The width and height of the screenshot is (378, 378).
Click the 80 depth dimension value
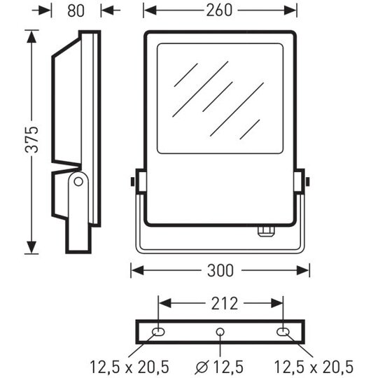[x=76, y=10]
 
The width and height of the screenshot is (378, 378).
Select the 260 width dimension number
[x=219, y=10]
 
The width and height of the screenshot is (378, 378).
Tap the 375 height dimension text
[x=31, y=139]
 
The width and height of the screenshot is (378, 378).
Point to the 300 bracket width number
[x=220, y=270]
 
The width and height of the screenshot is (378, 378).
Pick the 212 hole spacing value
[x=225, y=304]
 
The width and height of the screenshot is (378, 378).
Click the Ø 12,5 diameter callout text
[x=219, y=367]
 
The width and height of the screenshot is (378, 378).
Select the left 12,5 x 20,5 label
[x=129, y=367]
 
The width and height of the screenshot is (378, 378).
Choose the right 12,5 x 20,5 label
[x=314, y=367]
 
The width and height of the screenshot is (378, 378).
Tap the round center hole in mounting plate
[x=220, y=332]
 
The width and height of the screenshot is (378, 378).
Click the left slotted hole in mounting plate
[x=158, y=332]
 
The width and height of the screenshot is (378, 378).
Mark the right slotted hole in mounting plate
[x=283, y=332]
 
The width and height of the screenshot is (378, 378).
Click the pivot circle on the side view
[x=78, y=181]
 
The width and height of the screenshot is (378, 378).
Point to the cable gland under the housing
[x=267, y=231]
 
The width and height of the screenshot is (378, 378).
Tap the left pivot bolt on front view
[x=132, y=181]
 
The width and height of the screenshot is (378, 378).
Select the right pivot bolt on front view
[x=307, y=181]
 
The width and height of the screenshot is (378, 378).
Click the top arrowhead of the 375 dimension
[x=31, y=36]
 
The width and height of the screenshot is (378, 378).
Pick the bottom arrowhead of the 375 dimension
[x=31, y=247]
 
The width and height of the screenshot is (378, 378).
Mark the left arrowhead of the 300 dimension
[x=137, y=270]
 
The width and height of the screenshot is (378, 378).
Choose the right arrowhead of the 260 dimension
[x=290, y=10]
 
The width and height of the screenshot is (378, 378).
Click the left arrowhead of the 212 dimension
[x=165, y=304]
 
